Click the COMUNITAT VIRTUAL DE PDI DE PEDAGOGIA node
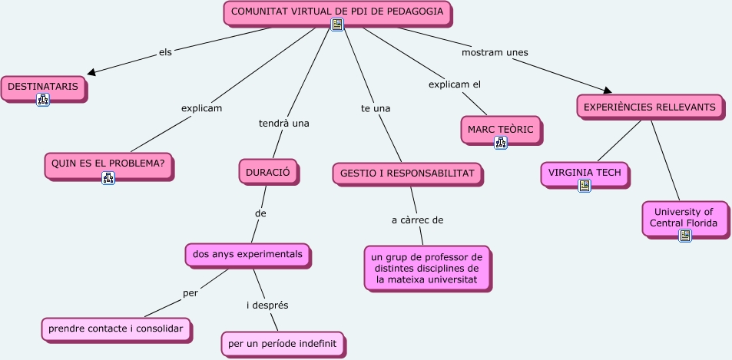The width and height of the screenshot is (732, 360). tap(336, 12)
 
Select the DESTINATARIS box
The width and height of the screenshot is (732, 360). tap(42, 87)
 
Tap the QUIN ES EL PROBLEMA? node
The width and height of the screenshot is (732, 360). tap(108, 163)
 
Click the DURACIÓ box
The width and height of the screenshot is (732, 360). tap(267, 173)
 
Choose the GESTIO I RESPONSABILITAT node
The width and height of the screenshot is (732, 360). tap(407, 173)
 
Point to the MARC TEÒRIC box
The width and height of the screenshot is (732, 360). tap(500, 128)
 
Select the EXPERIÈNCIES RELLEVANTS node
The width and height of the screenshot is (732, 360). tap(649, 107)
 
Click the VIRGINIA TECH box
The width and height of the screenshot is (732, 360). tap(584, 172)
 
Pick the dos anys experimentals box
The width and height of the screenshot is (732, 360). tap(247, 253)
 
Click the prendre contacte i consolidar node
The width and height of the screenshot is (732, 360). tap(115, 329)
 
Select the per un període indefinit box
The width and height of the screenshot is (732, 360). tap(283, 342)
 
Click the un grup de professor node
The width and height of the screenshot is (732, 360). tap(426, 268)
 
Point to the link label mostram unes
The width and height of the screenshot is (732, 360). tap(495, 52)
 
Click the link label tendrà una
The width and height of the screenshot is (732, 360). tap(283, 123)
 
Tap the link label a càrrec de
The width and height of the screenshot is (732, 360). tap(417, 220)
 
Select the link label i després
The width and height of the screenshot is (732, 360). tap(267, 305)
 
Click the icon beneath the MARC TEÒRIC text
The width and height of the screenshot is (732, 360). tap(501, 142)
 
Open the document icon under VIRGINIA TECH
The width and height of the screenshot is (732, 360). tap(585, 185)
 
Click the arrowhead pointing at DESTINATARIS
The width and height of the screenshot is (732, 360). tap(92, 72)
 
